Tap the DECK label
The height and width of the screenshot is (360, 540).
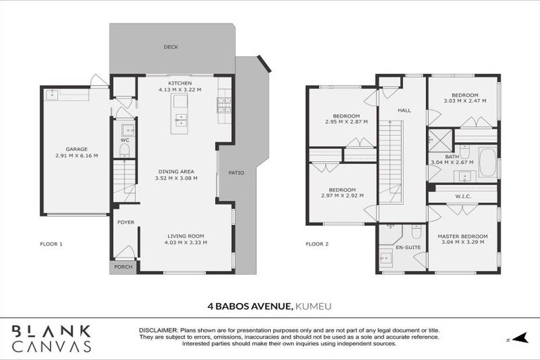171,48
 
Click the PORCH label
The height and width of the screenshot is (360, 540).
123,267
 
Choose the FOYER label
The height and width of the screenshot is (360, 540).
126,223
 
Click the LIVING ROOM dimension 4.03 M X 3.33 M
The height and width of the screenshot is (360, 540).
186,243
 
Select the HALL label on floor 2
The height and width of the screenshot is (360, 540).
404,110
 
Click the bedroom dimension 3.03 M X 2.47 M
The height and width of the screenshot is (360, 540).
465,101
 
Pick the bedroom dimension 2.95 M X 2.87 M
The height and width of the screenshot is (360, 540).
346,122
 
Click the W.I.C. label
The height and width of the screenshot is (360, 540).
463,197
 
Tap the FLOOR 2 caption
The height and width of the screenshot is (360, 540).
317,244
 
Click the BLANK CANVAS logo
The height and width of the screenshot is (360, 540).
52,338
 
